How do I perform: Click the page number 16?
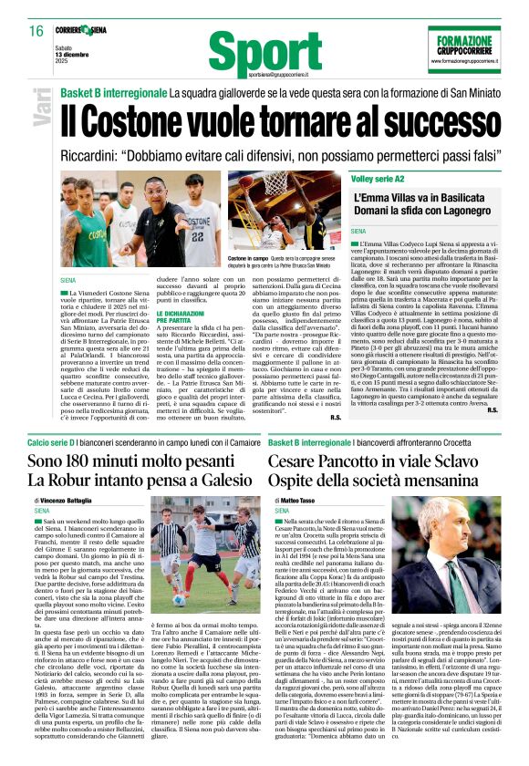[36, 30]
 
